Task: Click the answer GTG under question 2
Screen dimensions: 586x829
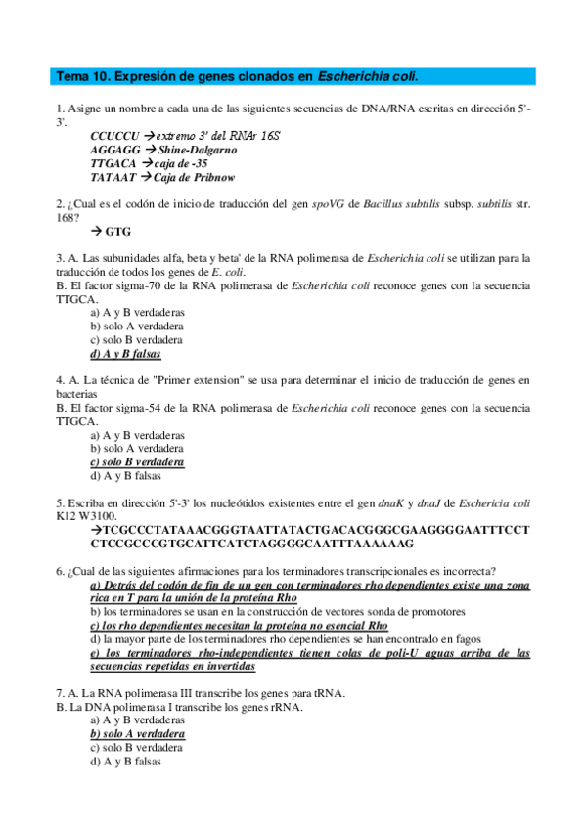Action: click(x=117, y=232)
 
